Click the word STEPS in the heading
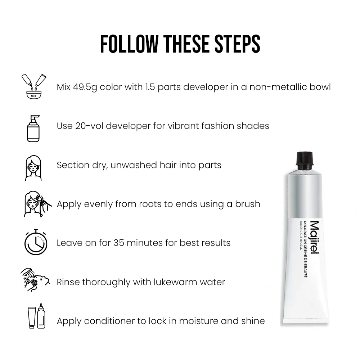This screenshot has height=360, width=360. [x=237, y=44]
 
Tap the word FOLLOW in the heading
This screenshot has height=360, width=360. [x=130, y=44]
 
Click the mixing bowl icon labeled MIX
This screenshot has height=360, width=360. [x=34, y=86]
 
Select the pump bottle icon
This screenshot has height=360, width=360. [x=33, y=129]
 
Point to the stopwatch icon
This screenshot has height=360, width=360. [x=36, y=242]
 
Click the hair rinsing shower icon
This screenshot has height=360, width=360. [x=35, y=279]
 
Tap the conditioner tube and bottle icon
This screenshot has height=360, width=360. [x=36, y=316]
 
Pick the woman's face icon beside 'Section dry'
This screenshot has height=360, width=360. [x=33, y=168]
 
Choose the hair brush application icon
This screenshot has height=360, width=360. [x=38, y=204]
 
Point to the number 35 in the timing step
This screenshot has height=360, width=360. [x=119, y=243]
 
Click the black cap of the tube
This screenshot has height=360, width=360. [x=305, y=158]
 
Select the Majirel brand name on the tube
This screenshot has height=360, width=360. [x=315, y=237]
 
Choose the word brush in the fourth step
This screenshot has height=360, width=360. [x=248, y=204]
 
